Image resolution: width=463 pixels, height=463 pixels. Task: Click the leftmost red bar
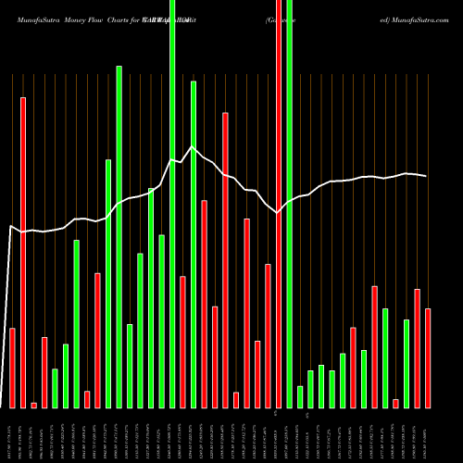coord(12,368)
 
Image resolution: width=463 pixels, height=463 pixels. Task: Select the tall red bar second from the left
coord(23,252)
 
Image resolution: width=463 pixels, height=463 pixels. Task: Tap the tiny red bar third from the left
coord(33,405)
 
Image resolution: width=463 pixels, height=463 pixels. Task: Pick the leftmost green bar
coord(55,388)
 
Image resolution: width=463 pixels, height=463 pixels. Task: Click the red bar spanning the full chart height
coord(279,204)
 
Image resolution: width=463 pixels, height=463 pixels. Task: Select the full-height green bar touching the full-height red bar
coord(289,204)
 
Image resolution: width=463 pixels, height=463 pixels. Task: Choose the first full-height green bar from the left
coord(172,204)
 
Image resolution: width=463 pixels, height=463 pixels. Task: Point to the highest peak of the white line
coord(193,146)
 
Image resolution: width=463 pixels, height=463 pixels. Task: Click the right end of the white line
coord(426,176)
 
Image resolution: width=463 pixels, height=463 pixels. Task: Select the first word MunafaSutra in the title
coord(36,18)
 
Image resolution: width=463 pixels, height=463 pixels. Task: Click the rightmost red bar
coord(428,357)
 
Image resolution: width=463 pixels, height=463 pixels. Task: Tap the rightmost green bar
coord(407,363)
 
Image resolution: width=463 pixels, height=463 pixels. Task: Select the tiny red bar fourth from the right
coord(395,403)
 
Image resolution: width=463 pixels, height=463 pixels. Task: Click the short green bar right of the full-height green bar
coord(300,396)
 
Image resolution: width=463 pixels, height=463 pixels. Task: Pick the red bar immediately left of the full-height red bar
coord(268,335)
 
